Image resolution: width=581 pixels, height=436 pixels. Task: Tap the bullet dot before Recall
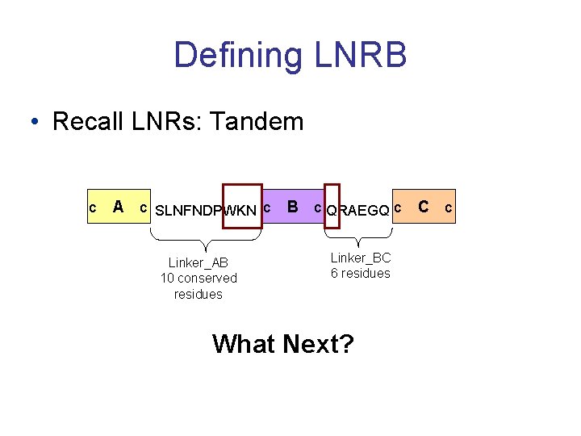pyautogui.click(x=33, y=123)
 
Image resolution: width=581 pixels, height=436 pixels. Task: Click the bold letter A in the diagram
pyautogui.click(x=118, y=207)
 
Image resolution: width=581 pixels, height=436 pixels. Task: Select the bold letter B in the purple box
pyautogui.click(x=294, y=207)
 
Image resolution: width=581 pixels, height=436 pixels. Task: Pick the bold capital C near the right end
pyautogui.click(x=423, y=207)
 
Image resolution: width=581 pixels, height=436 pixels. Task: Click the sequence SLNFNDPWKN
pyautogui.click(x=205, y=211)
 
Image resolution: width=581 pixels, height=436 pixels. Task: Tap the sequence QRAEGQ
pyautogui.click(x=358, y=211)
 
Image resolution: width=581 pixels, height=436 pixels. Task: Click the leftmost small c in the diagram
pyautogui.click(x=92, y=208)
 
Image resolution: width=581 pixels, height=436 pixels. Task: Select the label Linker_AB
pyautogui.click(x=199, y=262)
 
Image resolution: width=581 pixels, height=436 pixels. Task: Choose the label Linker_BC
pyautogui.click(x=360, y=258)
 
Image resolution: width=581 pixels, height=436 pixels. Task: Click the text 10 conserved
pyautogui.click(x=199, y=279)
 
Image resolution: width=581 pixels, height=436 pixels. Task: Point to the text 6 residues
pyautogui.click(x=360, y=273)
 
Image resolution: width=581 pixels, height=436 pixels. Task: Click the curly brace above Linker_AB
pyautogui.click(x=207, y=239)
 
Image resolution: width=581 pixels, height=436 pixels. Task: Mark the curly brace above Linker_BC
pyautogui.click(x=358, y=237)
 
